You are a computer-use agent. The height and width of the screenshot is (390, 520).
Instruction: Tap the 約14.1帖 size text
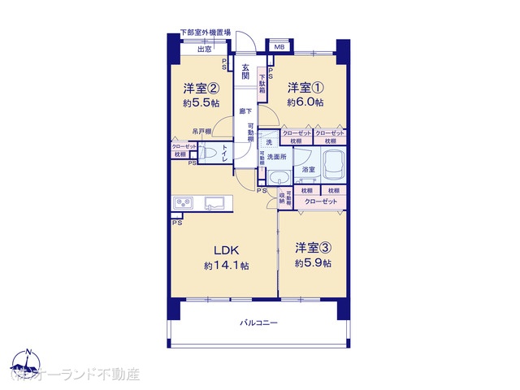coord(227,266)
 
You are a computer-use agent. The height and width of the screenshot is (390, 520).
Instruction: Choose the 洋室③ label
coord(313,247)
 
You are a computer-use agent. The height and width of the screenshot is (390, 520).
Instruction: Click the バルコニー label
coord(258,323)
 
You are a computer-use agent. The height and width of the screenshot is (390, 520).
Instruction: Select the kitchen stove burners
coord(183,203)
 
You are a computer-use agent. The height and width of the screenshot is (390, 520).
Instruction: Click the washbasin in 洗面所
coord(279,176)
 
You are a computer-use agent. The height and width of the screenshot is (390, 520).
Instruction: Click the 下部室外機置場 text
coord(206,32)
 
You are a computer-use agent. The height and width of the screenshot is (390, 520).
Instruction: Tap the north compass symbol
coord(28,364)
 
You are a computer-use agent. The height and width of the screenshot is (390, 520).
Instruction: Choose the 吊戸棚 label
coord(202,131)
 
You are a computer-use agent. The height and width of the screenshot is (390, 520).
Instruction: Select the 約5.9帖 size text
coord(313,263)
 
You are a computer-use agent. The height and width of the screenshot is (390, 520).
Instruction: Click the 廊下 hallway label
coord(244,112)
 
